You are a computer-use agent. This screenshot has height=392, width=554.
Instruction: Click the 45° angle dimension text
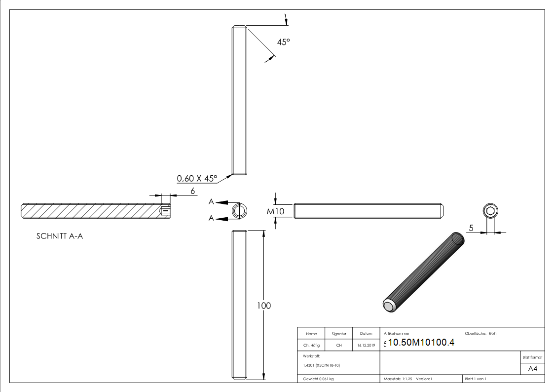(283, 42)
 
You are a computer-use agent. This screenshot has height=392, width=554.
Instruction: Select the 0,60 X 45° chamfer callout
(197, 179)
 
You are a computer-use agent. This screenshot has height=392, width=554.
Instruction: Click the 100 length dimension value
(264, 306)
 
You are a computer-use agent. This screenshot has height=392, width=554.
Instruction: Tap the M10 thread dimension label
(276, 211)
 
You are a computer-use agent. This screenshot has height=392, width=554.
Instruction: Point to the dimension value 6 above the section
(193, 190)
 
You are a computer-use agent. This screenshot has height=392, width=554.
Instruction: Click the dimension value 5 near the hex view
(472, 228)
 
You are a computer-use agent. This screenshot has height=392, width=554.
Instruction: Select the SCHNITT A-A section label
(60, 236)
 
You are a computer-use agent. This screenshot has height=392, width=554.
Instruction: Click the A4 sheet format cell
(532, 368)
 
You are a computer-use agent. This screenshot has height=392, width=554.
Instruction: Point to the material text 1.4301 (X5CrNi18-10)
(321, 365)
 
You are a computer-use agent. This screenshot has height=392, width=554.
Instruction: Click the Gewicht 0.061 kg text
(318, 379)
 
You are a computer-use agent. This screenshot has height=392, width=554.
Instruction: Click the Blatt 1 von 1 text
(475, 379)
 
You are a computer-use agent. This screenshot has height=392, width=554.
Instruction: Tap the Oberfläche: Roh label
(480, 334)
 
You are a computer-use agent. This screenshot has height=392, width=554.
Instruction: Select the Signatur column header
(339, 334)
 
